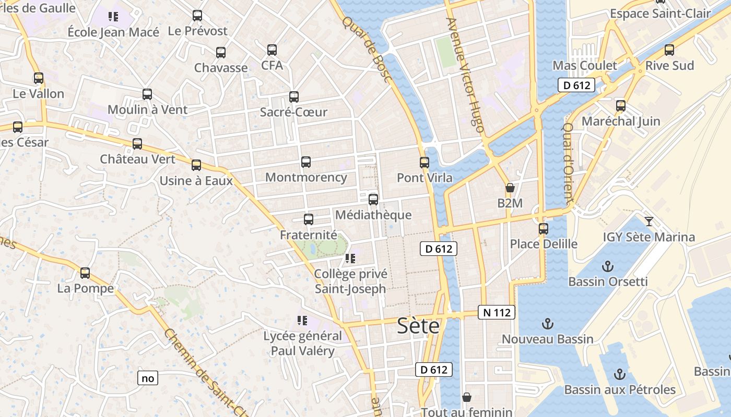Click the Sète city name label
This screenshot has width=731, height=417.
click(x=418, y=326)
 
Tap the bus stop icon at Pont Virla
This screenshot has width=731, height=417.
click(x=424, y=163)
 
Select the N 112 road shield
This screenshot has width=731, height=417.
click(x=497, y=313)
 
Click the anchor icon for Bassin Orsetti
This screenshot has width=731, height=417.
click(x=607, y=267)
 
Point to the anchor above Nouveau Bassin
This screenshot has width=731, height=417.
click(x=547, y=324)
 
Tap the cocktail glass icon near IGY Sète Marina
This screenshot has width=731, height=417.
click(x=649, y=222)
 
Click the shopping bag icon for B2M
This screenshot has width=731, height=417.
click(x=510, y=188)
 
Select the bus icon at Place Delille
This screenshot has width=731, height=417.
click(x=543, y=229)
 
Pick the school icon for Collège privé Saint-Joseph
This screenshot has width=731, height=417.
click(x=350, y=259)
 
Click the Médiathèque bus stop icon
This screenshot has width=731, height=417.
click(x=373, y=200)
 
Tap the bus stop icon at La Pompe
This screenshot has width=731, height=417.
click(x=85, y=273)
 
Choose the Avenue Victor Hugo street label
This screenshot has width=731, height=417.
click(x=465, y=76)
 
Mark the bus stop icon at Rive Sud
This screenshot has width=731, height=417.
click(x=669, y=51)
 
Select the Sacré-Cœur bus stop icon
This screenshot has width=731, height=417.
click(x=293, y=97)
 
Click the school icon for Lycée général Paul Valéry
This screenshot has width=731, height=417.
click(x=302, y=320)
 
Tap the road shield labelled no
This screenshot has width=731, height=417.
click(x=148, y=378)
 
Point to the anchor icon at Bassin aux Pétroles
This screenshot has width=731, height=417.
click(x=619, y=374)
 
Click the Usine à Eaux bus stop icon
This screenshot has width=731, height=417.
click(x=196, y=166)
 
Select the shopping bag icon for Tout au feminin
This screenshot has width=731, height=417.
click(x=466, y=398)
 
